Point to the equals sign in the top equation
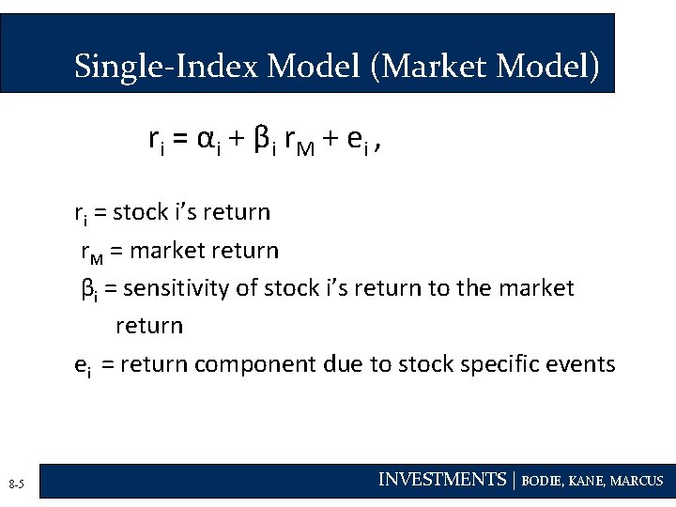[x=178, y=140]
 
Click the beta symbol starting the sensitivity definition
[x=86, y=289]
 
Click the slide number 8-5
[x=16, y=484]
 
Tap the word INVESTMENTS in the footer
[x=441, y=480]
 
